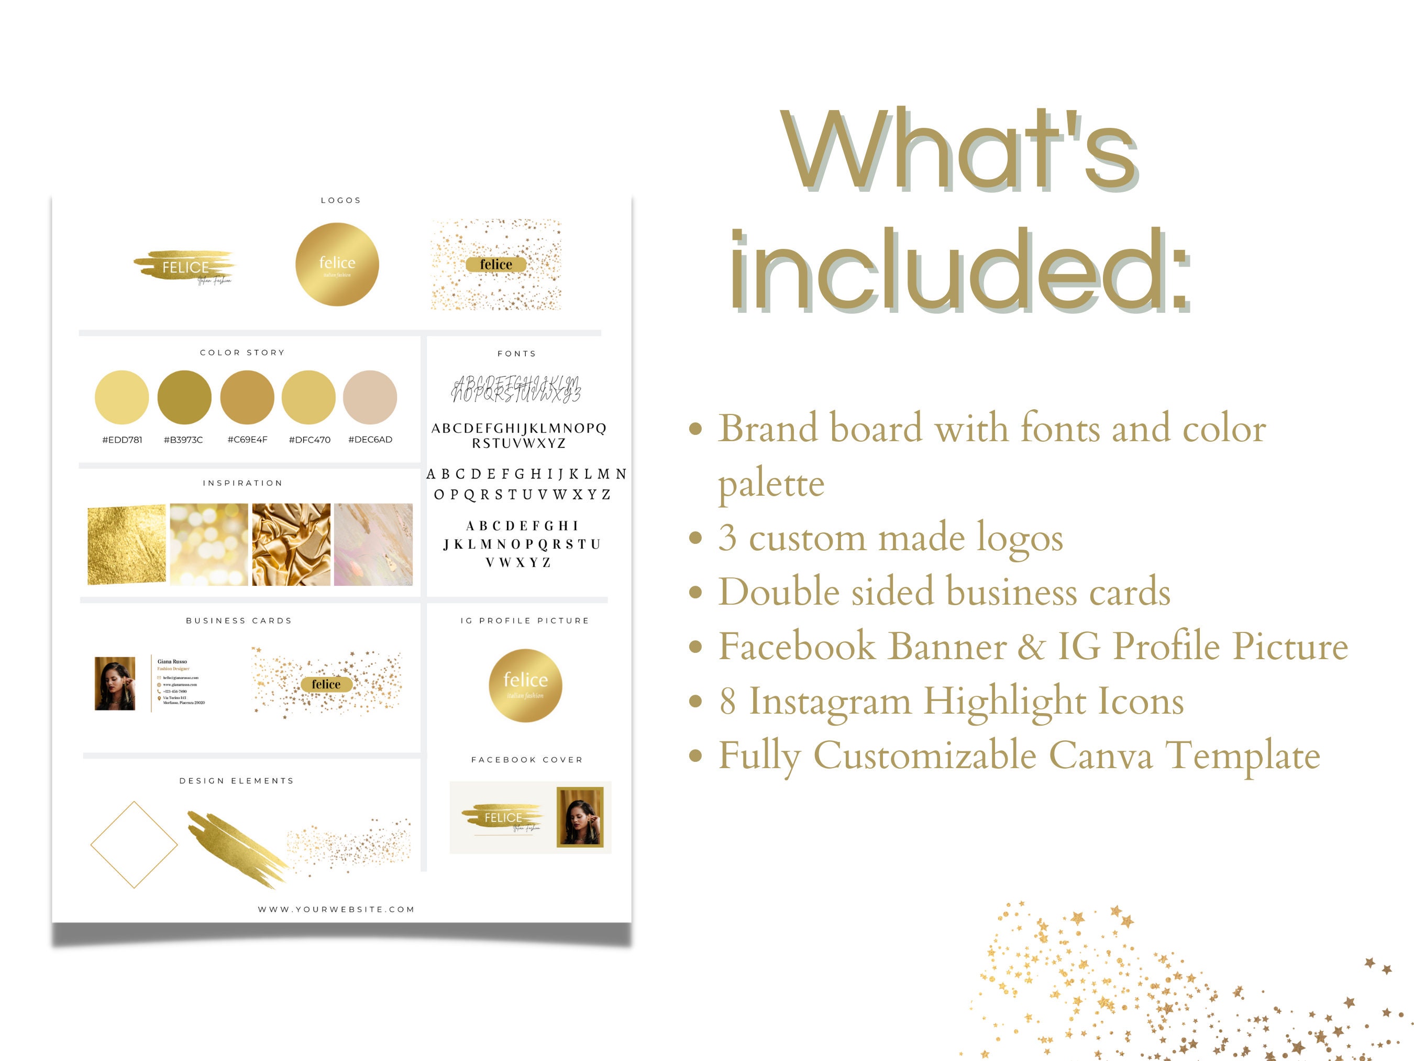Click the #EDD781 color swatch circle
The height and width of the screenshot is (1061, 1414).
121,397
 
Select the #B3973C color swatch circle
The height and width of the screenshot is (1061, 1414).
184,397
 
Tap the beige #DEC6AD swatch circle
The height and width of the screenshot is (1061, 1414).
370,397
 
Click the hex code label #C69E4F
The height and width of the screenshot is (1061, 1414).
247,440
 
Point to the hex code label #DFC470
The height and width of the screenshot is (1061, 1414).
310,440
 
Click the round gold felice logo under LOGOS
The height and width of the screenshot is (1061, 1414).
337,264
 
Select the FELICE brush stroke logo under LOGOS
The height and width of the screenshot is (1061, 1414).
185,267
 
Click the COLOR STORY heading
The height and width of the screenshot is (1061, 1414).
242,353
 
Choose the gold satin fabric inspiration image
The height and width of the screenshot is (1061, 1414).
292,544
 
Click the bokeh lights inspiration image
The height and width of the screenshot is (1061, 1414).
209,544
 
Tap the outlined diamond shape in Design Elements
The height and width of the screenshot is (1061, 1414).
134,845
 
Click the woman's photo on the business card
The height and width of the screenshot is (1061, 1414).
115,684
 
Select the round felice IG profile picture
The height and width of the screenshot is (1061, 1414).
525,685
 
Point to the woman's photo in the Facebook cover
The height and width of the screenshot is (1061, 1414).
580,817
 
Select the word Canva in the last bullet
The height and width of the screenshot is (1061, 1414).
1101,756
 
